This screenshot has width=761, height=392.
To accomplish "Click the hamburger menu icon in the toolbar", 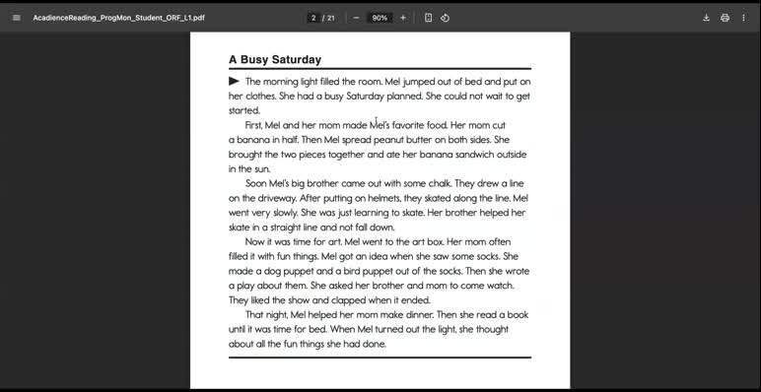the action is click(x=16, y=18).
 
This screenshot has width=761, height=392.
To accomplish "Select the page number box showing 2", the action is click(x=313, y=18).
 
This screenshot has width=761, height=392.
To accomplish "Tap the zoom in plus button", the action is click(x=403, y=18).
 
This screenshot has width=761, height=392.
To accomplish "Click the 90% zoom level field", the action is click(x=379, y=18).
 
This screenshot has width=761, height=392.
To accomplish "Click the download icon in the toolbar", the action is click(x=706, y=18).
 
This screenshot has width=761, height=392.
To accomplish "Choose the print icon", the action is click(x=725, y=18).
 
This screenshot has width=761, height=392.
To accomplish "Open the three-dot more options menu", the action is click(x=743, y=18).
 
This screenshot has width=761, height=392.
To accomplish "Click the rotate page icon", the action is click(x=445, y=18).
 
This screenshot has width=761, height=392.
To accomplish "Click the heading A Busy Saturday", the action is click(x=274, y=60).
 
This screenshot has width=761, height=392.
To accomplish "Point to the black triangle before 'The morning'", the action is click(x=235, y=81).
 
